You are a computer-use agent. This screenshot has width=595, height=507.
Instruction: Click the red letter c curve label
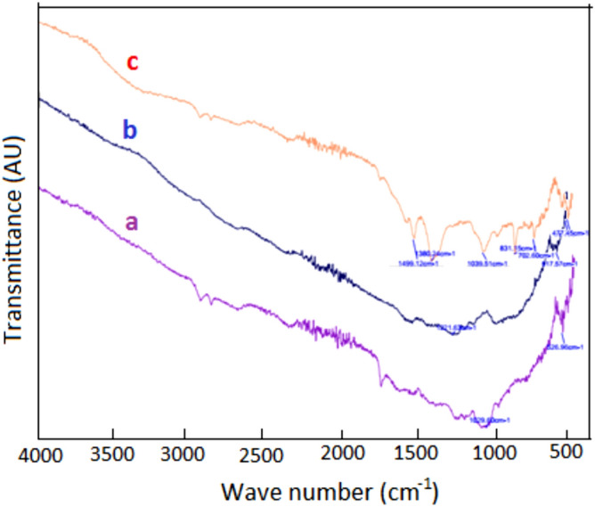pyautogui.click(x=133, y=63)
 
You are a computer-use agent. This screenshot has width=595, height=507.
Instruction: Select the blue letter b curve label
pyautogui.click(x=129, y=132)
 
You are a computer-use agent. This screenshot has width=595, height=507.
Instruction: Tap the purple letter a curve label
pyautogui.click(x=131, y=223)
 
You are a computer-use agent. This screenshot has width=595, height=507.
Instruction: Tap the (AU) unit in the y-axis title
pyautogui.click(x=15, y=183)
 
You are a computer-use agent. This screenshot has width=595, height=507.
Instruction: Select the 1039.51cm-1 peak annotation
pyautogui.click(x=486, y=264)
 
